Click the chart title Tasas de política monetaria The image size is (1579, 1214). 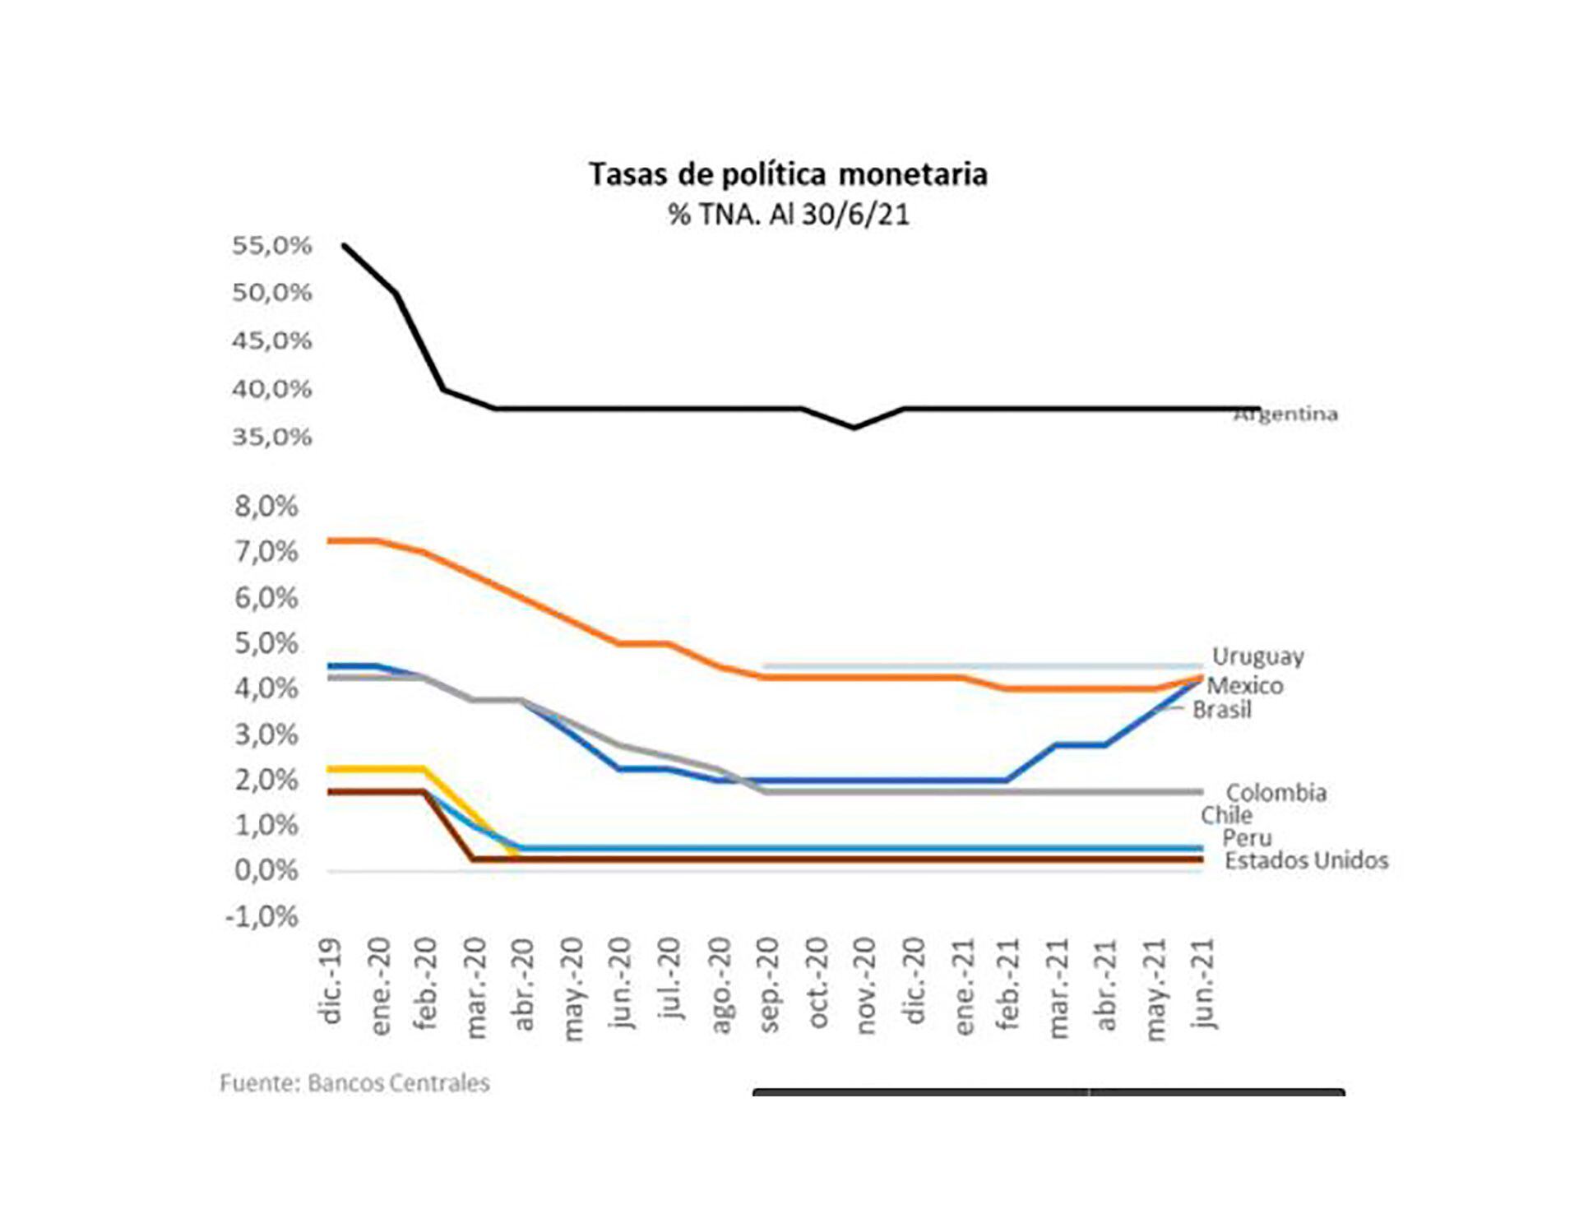(x=788, y=175)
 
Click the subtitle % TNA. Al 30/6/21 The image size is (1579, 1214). (x=788, y=215)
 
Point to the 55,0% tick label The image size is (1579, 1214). (x=271, y=245)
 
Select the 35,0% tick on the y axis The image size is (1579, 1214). (x=271, y=437)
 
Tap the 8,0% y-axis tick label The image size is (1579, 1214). (x=266, y=507)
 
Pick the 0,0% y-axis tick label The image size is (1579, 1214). (x=266, y=870)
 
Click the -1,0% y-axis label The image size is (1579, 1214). (x=262, y=916)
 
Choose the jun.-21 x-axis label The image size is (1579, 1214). (x=1204, y=984)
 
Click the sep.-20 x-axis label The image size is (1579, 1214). (x=769, y=984)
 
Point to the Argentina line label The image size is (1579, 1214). (x=1286, y=415)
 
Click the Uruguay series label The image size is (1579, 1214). (x=1257, y=656)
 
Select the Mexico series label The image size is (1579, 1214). (x=1244, y=686)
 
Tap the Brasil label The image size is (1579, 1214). (x=1222, y=710)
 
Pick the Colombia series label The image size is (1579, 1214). (x=1276, y=793)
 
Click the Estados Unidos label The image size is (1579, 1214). (x=1306, y=861)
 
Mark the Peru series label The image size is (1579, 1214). (x=1247, y=838)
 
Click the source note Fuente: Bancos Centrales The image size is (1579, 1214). (x=354, y=1083)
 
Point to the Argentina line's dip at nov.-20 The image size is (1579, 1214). (x=854, y=427)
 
